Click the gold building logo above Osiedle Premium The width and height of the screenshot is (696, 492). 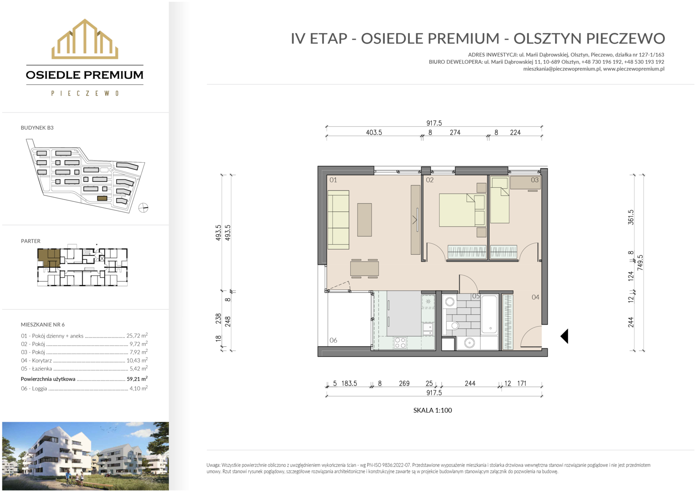coord(85,39)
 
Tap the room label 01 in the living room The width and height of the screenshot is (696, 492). coord(333,180)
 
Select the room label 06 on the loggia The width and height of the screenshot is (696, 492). coord(333,340)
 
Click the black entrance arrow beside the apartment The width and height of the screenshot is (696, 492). coord(564,336)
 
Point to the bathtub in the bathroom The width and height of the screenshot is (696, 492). coord(489,314)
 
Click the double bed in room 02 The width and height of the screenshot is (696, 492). coord(462,210)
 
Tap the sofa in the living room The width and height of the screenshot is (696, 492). coord(338,220)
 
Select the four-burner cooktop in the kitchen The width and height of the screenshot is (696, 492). coord(400,343)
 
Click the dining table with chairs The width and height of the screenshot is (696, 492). coord(364,268)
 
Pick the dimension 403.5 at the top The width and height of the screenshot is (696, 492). coord(374,133)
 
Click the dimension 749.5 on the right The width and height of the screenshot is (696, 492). coord(640,263)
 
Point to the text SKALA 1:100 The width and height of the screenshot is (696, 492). coord(433,410)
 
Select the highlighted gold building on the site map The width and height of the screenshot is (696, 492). coord(102,198)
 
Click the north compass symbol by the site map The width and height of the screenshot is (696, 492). coord(143,208)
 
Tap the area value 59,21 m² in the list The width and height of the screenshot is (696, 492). coord(137,379)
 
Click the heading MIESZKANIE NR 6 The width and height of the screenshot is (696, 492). coord(42,325)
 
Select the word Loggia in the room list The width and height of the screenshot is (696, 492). coord(40,389)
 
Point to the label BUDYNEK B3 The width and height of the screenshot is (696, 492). coord(37,128)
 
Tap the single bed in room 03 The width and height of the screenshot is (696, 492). coord(500,200)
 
